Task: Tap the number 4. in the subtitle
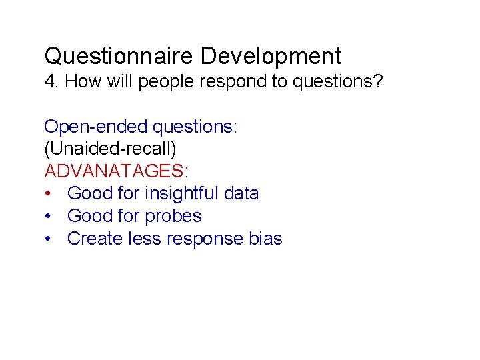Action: coord(51,82)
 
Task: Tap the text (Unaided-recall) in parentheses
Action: coord(111,149)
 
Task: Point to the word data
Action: coord(241,194)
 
